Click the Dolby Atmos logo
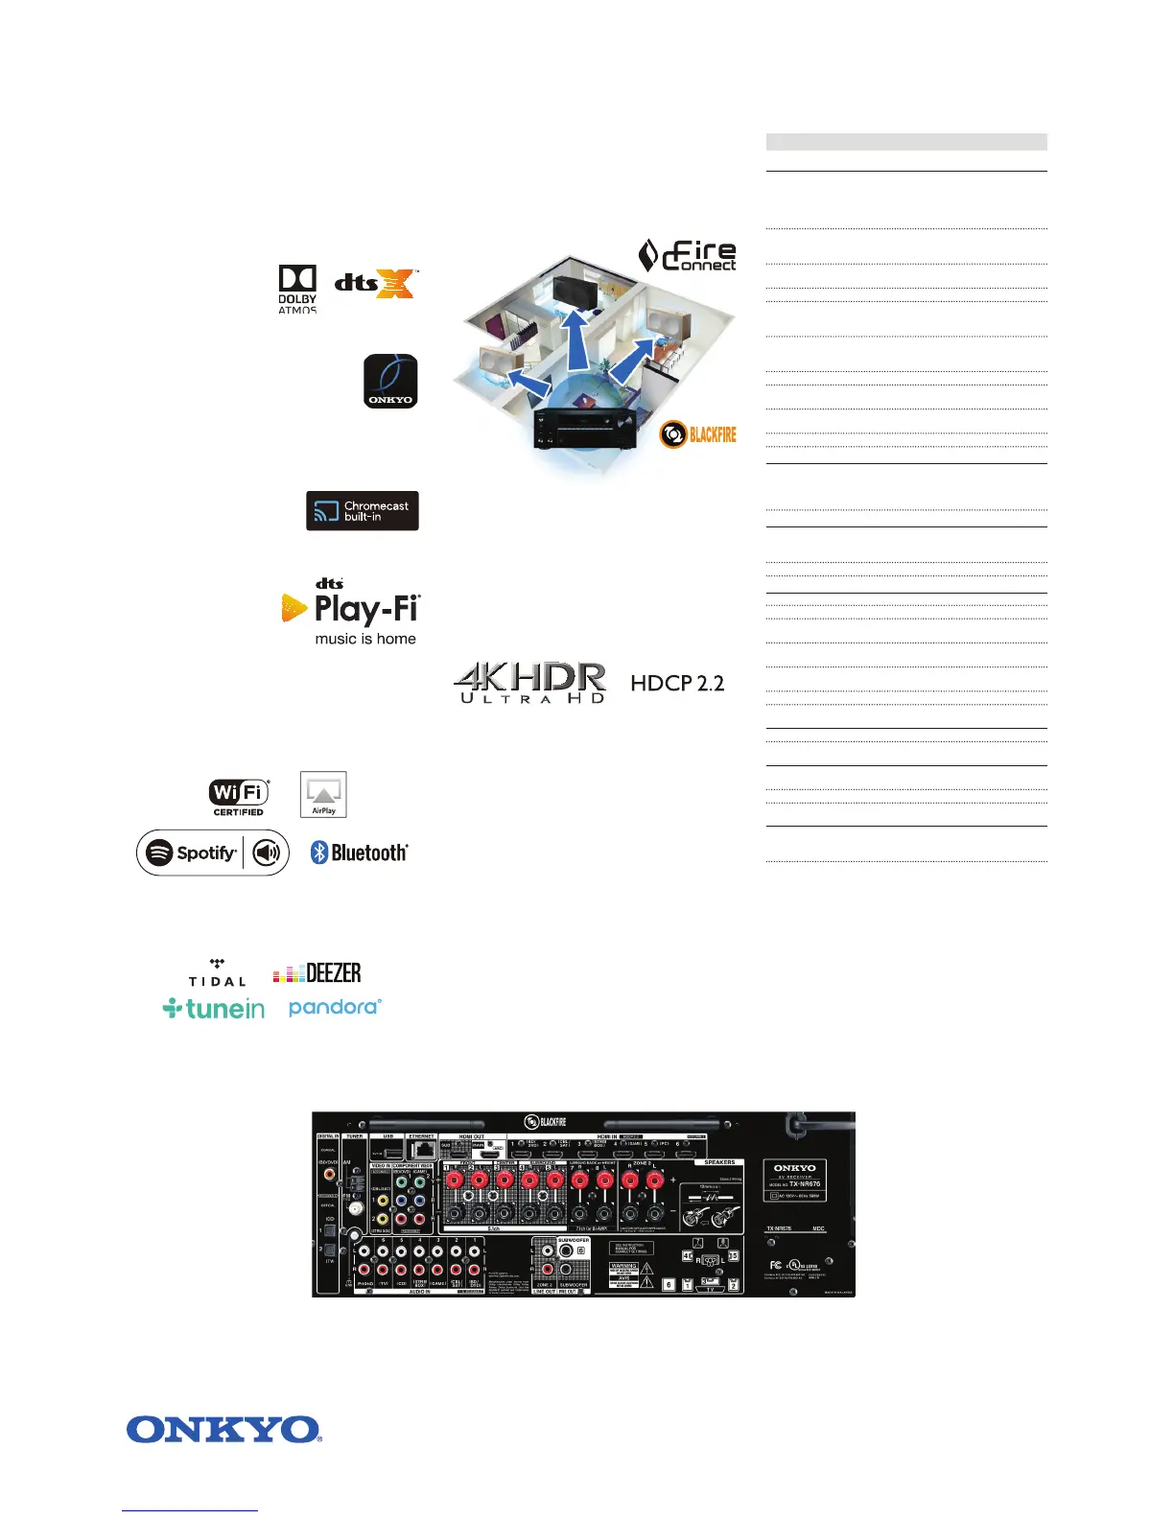click(297, 289)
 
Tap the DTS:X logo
click(376, 283)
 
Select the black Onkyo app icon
click(390, 381)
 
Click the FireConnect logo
click(688, 255)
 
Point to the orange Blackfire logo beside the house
click(698, 434)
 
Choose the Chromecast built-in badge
click(363, 511)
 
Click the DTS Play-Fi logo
click(352, 611)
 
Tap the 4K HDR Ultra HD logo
click(529, 683)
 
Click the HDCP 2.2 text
click(677, 683)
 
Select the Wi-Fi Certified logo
click(239, 797)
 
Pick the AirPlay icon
click(323, 794)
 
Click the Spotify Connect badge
click(213, 853)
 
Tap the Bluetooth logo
click(360, 853)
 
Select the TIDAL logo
click(217, 973)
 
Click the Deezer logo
click(317, 973)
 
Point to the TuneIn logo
click(214, 1008)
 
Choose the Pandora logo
click(335, 1007)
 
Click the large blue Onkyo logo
click(223, 1430)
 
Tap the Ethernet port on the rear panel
click(421, 1151)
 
